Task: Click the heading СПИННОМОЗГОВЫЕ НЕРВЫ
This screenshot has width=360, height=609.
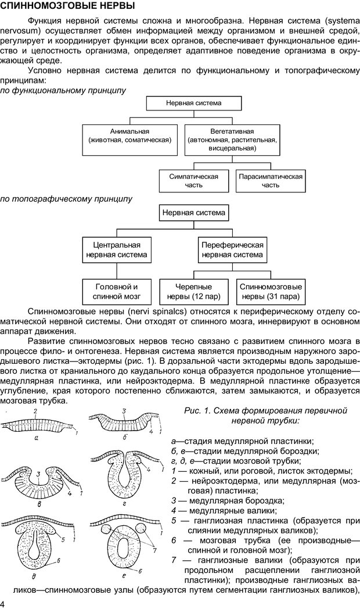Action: [68, 7]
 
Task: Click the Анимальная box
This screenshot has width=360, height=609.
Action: [129, 136]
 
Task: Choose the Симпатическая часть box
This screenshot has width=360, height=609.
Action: [193, 180]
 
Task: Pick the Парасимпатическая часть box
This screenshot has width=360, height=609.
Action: [271, 180]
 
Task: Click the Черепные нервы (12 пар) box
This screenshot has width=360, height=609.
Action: [194, 291]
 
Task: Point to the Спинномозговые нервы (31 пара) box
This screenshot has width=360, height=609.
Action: [271, 291]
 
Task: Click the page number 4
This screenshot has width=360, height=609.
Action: [3, 603]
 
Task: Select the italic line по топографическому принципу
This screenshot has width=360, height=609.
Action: [66, 199]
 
